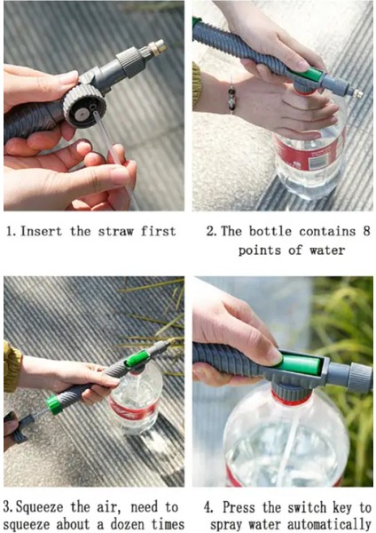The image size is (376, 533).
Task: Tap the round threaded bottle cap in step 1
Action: [85, 106]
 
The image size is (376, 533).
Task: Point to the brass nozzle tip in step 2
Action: [358, 94]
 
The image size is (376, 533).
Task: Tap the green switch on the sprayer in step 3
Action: [137, 358]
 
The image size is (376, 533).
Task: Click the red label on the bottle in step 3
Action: [133, 410]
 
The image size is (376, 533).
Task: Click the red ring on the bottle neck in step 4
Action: [291, 400]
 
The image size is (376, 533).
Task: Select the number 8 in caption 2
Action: [366, 231]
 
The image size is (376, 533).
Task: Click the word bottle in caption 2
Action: [270, 231]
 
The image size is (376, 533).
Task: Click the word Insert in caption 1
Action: [41, 232]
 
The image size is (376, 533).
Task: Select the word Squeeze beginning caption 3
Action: [39, 508]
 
